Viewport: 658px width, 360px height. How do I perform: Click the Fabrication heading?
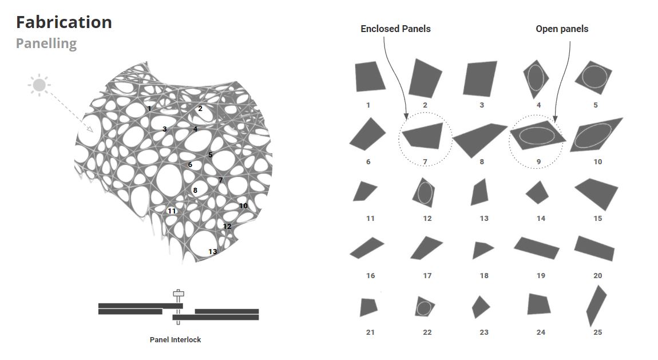[64, 22]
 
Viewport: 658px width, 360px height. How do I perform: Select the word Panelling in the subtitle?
[46, 43]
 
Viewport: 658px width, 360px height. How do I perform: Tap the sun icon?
[39, 85]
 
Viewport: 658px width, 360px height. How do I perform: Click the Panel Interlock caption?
[176, 339]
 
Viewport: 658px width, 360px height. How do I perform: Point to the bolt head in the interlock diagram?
[179, 293]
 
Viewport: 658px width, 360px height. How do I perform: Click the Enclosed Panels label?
[395, 29]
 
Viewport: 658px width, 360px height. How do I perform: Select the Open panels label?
[562, 29]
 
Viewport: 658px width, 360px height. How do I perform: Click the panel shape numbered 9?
[538, 136]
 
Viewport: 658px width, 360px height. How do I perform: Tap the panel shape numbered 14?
[537, 192]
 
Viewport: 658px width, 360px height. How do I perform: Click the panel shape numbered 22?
[424, 307]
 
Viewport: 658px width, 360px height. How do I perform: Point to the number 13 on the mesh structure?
[213, 251]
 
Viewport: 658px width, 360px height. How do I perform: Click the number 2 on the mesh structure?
[200, 109]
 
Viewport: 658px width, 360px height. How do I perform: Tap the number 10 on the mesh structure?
[243, 205]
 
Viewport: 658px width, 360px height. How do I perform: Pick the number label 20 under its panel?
[597, 275]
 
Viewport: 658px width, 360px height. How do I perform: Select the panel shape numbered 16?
[367, 248]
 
